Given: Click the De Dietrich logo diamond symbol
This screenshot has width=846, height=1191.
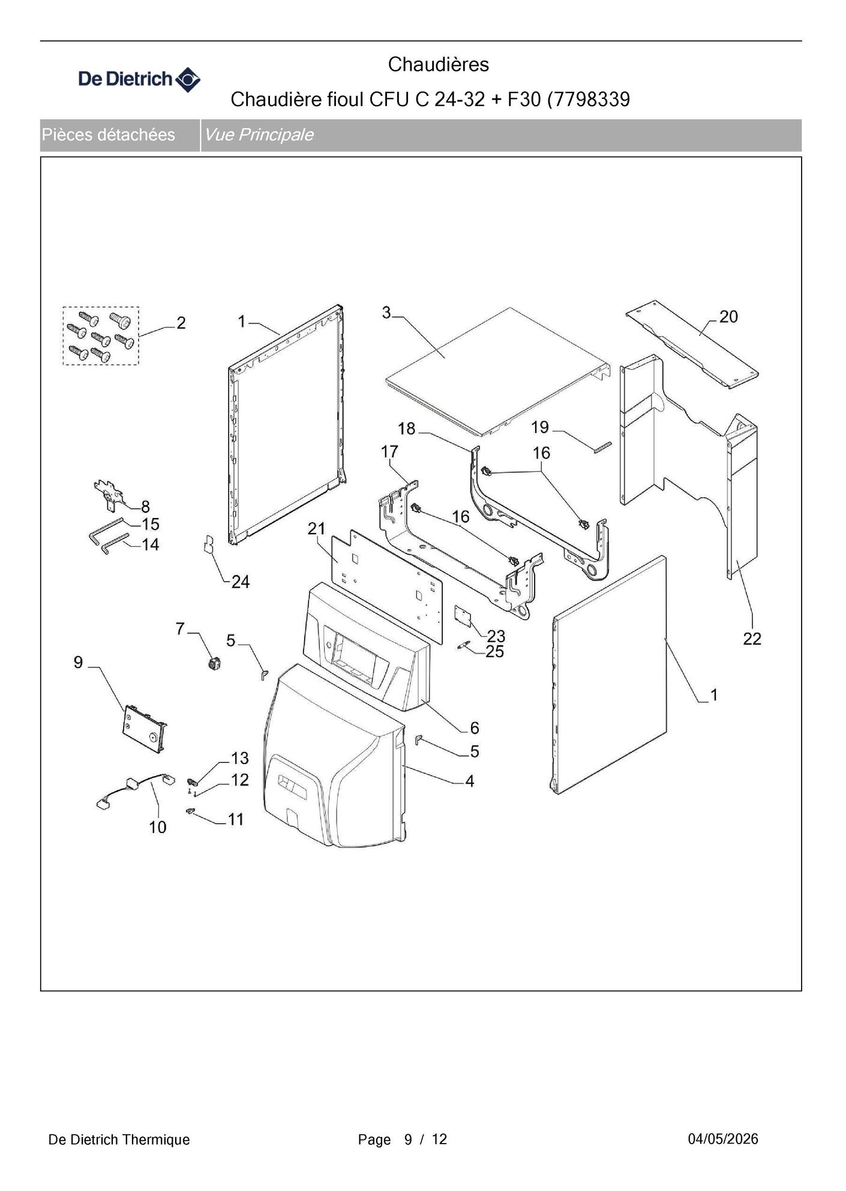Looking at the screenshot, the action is [188, 79].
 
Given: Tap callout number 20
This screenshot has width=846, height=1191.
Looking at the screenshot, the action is [728, 317].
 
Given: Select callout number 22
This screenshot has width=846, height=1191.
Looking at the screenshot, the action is [752, 639].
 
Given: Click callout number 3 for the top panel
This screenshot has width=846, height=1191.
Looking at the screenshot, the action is [386, 312].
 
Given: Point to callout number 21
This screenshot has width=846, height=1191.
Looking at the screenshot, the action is [316, 528].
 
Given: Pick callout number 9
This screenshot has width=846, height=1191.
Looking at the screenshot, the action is [78, 662].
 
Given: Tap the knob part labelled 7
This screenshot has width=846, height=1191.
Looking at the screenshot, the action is [212, 663].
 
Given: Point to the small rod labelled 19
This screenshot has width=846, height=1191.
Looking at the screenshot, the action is [602, 447].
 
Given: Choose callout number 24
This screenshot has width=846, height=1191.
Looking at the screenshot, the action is [241, 582].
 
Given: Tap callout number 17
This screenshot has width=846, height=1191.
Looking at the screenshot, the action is [389, 451].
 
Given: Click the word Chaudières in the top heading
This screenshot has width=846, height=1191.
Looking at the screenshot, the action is [439, 64].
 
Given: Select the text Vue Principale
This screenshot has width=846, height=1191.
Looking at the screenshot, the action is [259, 134].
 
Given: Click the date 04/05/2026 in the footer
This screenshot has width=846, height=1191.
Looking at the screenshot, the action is [723, 1139].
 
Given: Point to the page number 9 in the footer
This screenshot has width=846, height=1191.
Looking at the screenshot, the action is [408, 1139].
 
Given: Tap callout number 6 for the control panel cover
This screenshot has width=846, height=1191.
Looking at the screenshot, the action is [475, 727].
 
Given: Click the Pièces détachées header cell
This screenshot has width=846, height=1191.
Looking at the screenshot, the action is [120, 135].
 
